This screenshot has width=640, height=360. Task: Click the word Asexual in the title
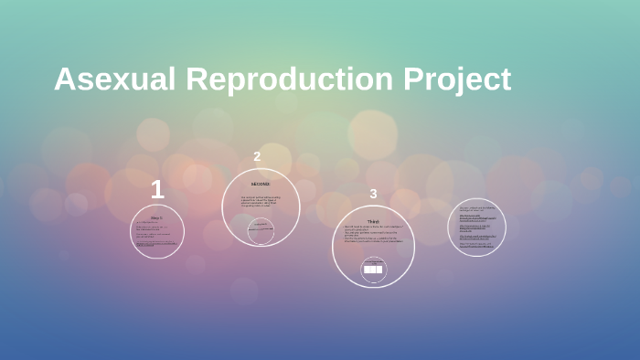click(x=115, y=79)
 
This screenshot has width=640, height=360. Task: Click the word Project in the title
click(x=457, y=79)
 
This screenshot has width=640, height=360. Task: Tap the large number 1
click(x=157, y=190)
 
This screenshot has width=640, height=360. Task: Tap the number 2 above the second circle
click(x=257, y=156)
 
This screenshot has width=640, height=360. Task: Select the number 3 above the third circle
click(x=373, y=194)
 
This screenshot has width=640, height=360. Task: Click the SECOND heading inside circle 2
click(x=261, y=184)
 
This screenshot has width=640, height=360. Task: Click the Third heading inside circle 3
click(x=373, y=221)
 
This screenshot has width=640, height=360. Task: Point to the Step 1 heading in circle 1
click(x=156, y=217)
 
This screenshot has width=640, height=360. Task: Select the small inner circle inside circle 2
click(x=261, y=231)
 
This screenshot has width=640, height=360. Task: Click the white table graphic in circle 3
click(x=373, y=270)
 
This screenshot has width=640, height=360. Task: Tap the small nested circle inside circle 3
click(x=373, y=270)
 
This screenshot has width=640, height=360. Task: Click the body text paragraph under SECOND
click(x=261, y=201)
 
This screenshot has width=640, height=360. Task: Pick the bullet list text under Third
click(x=372, y=235)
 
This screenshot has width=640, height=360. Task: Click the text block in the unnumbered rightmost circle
click(x=476, y=228)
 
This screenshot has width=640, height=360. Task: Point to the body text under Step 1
click(x=156, y=235)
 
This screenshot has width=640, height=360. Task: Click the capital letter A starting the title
click(x=65, y=79)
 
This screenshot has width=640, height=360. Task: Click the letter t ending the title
click(x=505, y=80)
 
